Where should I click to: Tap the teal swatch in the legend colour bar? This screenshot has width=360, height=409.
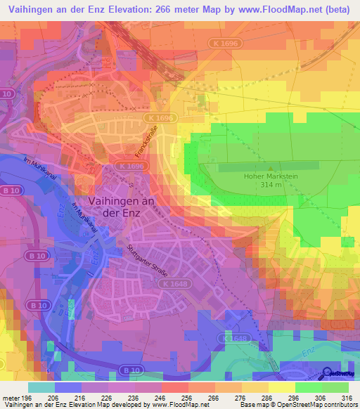tap(41, 387)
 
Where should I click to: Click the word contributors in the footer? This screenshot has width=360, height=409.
tap(340, 405)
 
